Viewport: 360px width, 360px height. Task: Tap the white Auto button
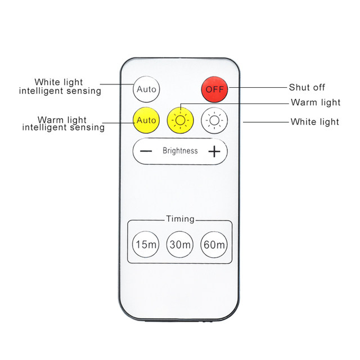(146, 89)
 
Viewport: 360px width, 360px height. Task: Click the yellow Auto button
(146, 120)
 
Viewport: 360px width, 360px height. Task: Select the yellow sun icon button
(181, 120)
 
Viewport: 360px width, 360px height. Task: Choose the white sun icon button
(214, 120)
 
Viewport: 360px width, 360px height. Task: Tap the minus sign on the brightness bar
(146, 151)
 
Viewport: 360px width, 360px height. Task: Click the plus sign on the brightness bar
(214, 151)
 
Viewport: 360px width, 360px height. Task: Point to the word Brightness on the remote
(180, 151)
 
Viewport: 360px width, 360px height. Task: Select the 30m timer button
(180, 245)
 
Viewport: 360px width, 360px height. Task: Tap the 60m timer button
(214, 245)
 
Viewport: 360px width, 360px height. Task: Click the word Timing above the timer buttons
(180, 219)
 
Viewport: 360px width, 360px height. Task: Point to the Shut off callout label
(307, 87)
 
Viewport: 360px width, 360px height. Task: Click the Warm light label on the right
(315, 102)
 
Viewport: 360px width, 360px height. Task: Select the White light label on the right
(314, 121)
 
